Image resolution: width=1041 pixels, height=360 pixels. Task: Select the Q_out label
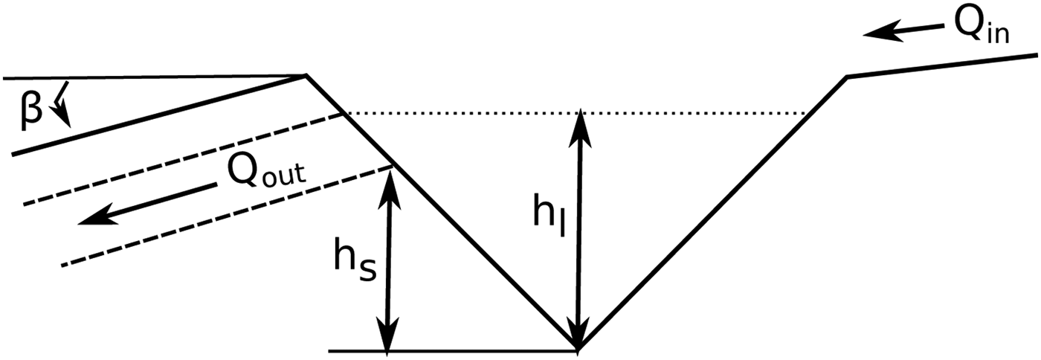click(x=266, y=175)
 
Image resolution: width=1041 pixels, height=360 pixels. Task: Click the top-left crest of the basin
click(x=306, y=75)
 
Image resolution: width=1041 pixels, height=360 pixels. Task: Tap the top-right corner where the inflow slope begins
click(x=846, y=76)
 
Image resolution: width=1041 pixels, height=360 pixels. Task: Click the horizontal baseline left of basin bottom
click(x=446, y=350)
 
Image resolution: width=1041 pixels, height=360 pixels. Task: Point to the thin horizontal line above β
click(x=149, y=77)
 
